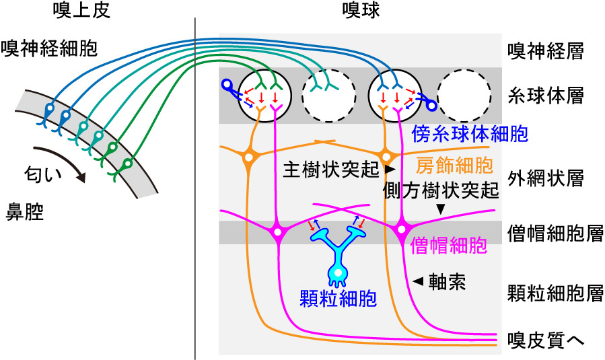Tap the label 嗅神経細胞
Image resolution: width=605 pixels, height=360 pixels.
point(50,48)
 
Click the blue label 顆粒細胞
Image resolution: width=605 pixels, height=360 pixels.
point(338,297)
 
